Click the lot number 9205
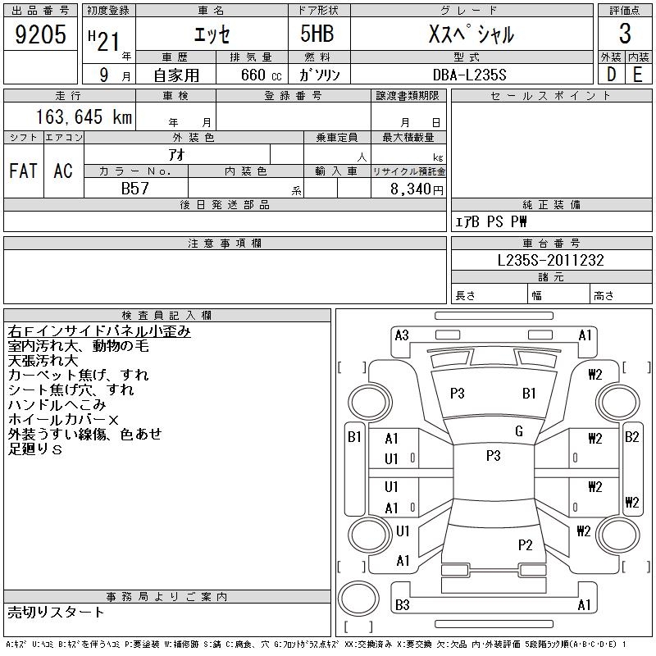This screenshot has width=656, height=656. [40, 34]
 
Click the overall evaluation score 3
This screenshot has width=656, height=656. [625, 34]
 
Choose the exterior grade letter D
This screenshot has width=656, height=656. [611, 74]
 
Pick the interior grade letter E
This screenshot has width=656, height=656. [637, 74]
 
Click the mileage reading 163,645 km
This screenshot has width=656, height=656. [83, 117]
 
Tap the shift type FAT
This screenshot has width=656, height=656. [23, 171]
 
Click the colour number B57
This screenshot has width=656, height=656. [134, 188]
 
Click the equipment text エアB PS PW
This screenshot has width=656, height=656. [491, 221]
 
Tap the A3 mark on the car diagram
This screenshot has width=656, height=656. [402, 335]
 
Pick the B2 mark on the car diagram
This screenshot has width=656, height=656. [631, 436]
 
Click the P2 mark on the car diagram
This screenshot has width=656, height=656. [526, 544]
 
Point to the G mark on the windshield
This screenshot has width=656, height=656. [519, 430]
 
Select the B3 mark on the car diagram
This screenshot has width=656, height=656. [402, 605]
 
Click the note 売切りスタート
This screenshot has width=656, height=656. [56, 613]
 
